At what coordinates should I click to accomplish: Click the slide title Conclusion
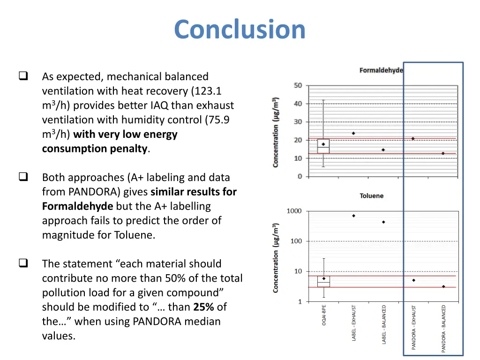point(240,29)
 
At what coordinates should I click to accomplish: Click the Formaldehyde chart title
point(381,70)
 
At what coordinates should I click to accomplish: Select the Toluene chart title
point(371,195)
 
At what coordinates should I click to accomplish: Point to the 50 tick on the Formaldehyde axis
point(298,85)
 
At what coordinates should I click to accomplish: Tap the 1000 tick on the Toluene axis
point(294,211)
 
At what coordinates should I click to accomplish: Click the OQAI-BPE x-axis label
point(324,315)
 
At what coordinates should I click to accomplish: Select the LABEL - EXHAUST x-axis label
point(354,323)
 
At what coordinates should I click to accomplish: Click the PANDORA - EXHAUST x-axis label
point(413,327)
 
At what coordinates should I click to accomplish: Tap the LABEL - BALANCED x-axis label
point(384,324)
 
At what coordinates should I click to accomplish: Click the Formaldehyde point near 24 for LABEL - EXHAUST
point(353,133)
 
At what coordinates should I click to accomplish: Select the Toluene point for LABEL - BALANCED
point(383,222)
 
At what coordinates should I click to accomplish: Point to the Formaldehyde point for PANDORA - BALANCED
point(443,153)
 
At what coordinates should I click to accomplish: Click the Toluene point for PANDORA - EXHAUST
point(413,280)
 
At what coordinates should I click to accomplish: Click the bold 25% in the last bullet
point(203,307)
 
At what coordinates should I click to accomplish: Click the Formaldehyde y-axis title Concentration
point(276,132)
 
